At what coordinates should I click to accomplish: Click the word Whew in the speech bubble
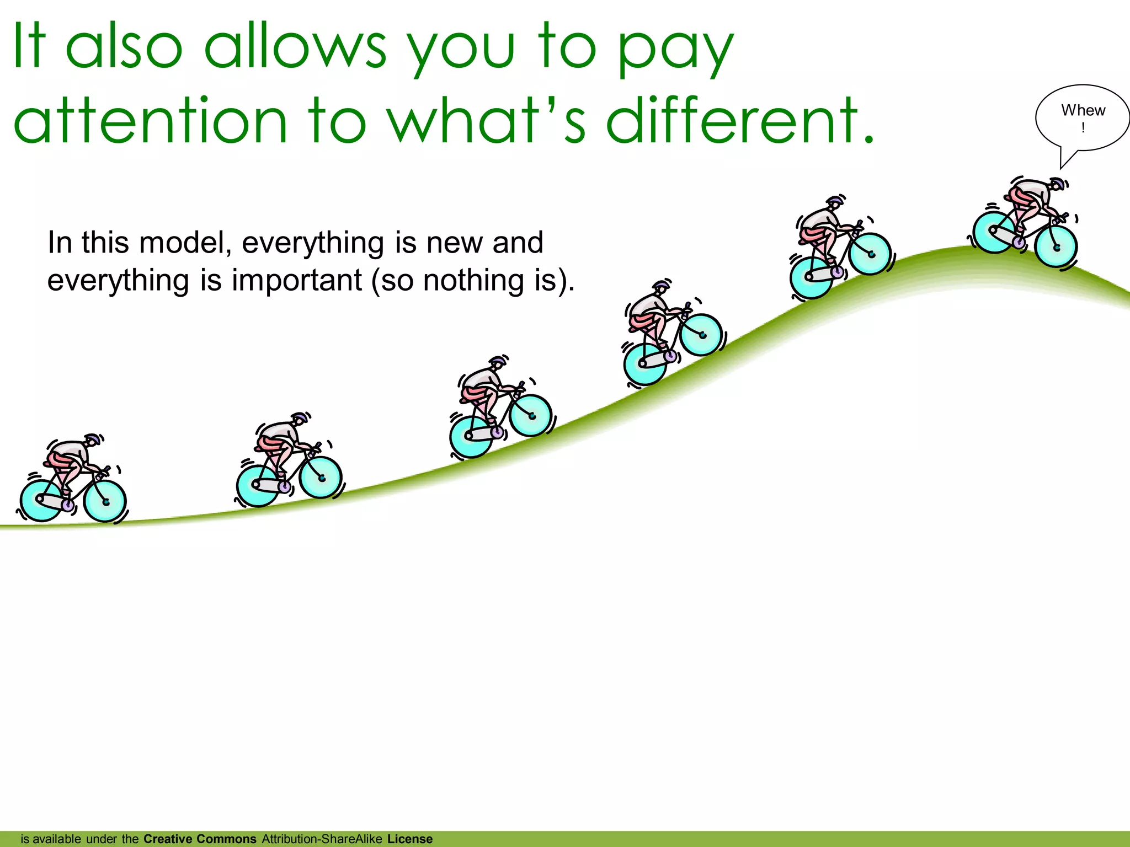click(1083, 110)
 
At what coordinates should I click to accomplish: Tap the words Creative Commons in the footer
click(200, 839)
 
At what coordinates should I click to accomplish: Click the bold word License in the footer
click(410, 839)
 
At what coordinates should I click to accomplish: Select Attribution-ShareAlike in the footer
click(322, 839)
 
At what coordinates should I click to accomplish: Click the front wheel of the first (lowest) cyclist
click(105, 501)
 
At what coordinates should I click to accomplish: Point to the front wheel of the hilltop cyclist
click(1056, 247)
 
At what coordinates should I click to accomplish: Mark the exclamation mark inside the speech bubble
click(1083, 128)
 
